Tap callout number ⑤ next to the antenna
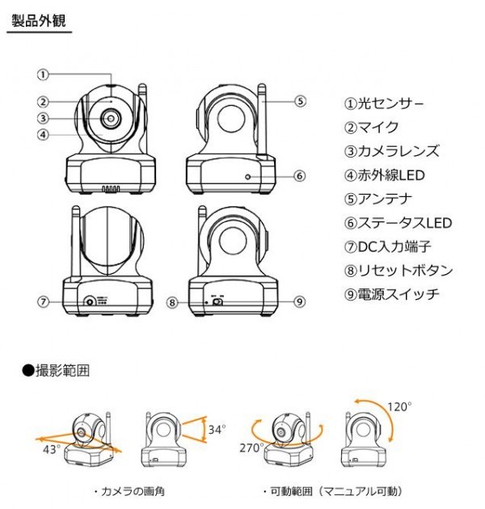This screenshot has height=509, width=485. point(299,102)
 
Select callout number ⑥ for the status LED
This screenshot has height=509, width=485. point(299,175)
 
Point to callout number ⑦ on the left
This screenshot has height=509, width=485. point(44,302)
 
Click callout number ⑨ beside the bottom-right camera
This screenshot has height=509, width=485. point(299,302)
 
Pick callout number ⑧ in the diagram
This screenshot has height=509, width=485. point(172,302)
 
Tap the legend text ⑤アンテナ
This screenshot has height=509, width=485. point(378,199)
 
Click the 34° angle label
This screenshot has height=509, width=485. point(217,429)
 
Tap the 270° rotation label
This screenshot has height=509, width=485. point(251,447)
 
